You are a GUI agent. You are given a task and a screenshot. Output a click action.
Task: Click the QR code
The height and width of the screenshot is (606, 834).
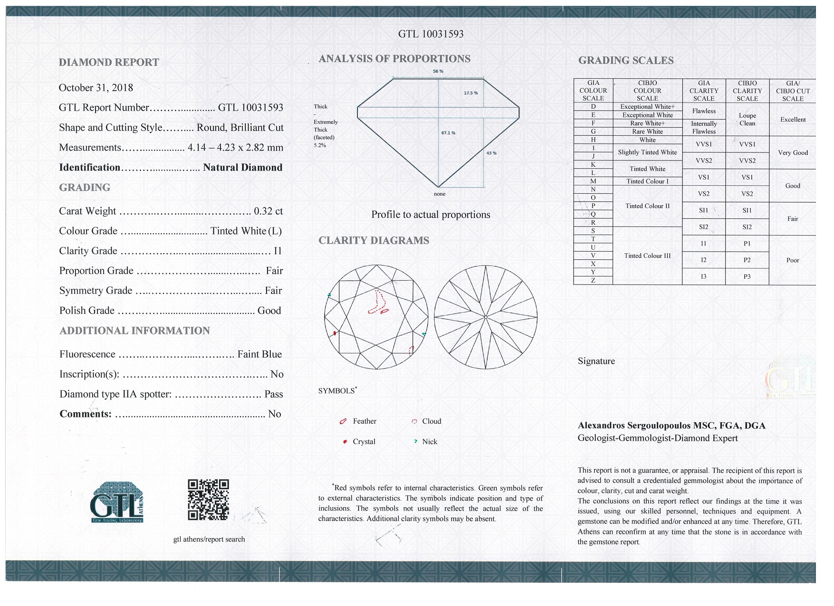coord(208,500)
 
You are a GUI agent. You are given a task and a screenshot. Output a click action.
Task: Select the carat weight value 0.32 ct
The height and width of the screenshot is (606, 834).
coord(268,211)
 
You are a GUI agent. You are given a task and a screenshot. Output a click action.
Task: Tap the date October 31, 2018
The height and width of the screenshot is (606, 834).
coord(96,88)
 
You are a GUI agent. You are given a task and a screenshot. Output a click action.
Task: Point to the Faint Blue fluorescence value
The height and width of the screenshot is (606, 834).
coord(259,354)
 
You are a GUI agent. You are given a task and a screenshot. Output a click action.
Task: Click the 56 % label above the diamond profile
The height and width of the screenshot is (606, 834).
coord(438,71)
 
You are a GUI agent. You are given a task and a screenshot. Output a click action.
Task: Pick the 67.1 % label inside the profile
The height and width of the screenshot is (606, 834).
coord(448,133)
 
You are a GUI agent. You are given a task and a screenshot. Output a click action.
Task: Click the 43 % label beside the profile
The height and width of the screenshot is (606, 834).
coord(491,153)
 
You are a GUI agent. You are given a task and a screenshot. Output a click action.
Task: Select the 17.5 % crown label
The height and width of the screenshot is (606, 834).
coord(470,93)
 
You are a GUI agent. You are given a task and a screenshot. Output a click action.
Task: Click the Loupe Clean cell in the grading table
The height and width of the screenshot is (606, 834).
coord(747,120)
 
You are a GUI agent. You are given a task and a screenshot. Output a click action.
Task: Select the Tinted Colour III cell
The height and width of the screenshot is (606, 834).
coord(647,256)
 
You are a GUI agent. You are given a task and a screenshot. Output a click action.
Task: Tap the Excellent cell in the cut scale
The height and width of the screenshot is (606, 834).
coord(793,120)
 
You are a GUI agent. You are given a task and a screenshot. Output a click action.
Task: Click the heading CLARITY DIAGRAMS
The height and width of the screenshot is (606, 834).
coord(374,241)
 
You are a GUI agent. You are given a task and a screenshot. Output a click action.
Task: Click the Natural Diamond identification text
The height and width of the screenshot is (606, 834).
coord(242,168)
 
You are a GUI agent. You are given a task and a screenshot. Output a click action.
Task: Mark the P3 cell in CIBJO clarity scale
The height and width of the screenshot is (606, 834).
coord(747,276)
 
